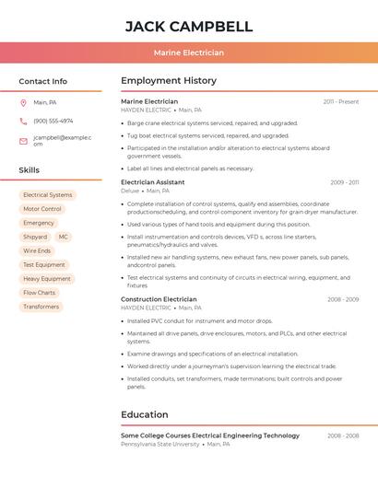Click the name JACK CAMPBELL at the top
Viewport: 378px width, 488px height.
[x=188, y=26]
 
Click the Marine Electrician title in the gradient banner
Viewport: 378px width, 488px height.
[x=188, y=53]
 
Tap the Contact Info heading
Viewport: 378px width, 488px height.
[x=42, y=81]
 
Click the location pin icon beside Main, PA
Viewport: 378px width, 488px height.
[x=23, y=102]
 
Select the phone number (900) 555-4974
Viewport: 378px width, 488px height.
[x=53, y=121]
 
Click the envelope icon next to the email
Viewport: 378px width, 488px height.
[x=23, y=141]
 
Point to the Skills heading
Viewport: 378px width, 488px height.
[x=29, y=170]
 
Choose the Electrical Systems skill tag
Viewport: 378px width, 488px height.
[x=47, y=195]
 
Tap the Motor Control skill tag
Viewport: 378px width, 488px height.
[x=41, y=209]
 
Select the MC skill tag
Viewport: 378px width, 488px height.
[x=63, y=237]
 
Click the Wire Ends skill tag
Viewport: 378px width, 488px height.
[x=37, y=250]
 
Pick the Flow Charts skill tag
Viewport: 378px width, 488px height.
[x=39, y=293]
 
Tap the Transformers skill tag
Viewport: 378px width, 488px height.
[x=41, y=307]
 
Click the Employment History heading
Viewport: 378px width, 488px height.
[x=169, y=81]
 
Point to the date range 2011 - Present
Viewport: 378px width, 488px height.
[x=340, y=102]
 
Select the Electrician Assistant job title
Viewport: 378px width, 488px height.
[x=152, y=182]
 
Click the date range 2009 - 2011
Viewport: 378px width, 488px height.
[x=344, y=182]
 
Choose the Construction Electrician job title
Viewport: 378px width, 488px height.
[x=159, y=299]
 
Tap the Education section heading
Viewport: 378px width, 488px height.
[x=144, y=414]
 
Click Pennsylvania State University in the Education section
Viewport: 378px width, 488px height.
[x=159, y=444]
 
